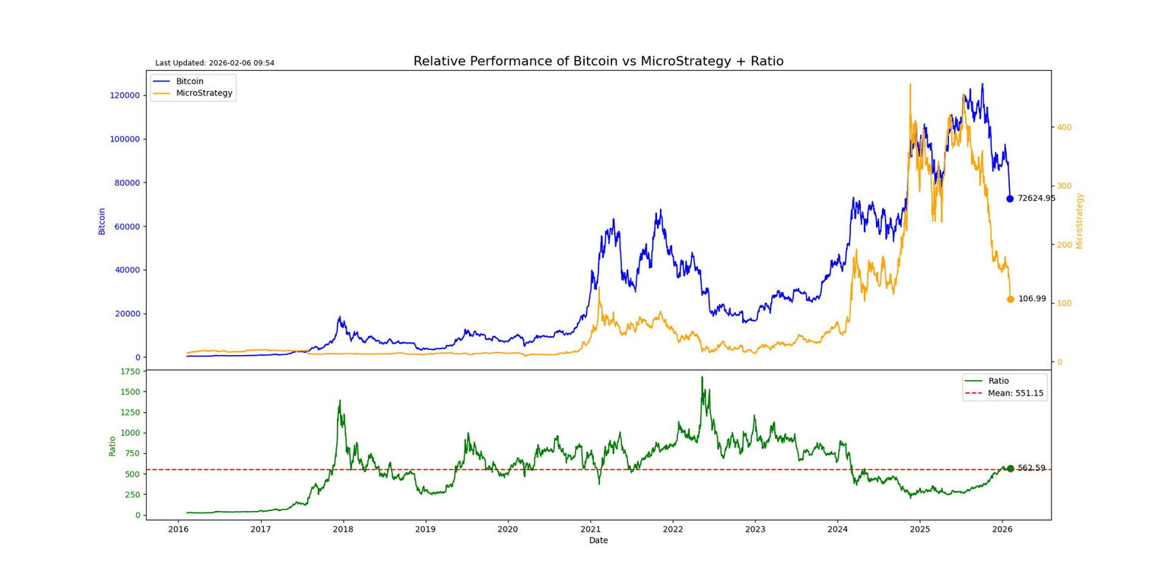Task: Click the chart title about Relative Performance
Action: click(x=598, y=62)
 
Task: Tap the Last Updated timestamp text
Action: click(x=214, y=63)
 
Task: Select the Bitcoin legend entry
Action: click(x=189, y=81)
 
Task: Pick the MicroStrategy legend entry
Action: click(x=204, y=93)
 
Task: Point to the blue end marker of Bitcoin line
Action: click(x=1010, y=198)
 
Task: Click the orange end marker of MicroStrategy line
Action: click(x=1010, y=299)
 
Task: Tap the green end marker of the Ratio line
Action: click(x=1010, y=468)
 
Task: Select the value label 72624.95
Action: click(x=1036, y=198)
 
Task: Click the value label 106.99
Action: click(x=1032, y=299)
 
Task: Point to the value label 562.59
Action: click(x=1032, y=468)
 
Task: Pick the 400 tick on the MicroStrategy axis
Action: click(x=1065, y=127)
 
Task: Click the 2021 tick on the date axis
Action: click(x=590, y=529)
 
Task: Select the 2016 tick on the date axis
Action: click(x=178, y=529)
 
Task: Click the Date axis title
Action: click(x=598, y=541)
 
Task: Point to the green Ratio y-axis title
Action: click(x=113, y=445)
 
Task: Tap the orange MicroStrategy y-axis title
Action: click(x=1080, y=221)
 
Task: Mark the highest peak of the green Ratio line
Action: click(x=702, y=377)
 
